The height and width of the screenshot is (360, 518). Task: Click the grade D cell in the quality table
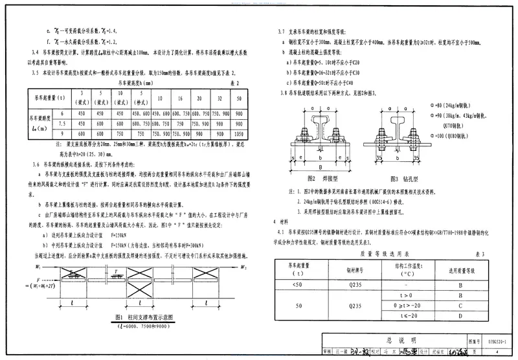pyautogui.click(x=458, y=316)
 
